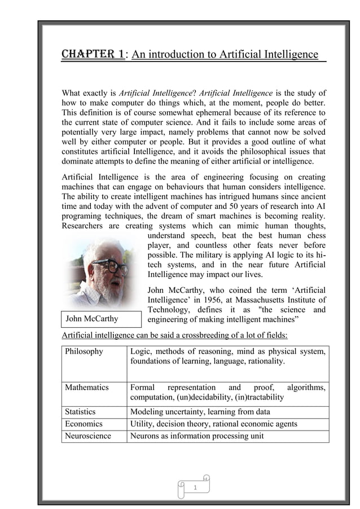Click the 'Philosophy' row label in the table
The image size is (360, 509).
(84, 352)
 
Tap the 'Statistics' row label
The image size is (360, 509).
(80, 412)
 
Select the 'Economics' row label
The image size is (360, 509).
(84, 424)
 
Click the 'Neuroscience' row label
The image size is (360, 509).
(88, 436)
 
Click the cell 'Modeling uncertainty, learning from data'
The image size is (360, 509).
(200, 412)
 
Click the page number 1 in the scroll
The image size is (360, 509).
(195, 487)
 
